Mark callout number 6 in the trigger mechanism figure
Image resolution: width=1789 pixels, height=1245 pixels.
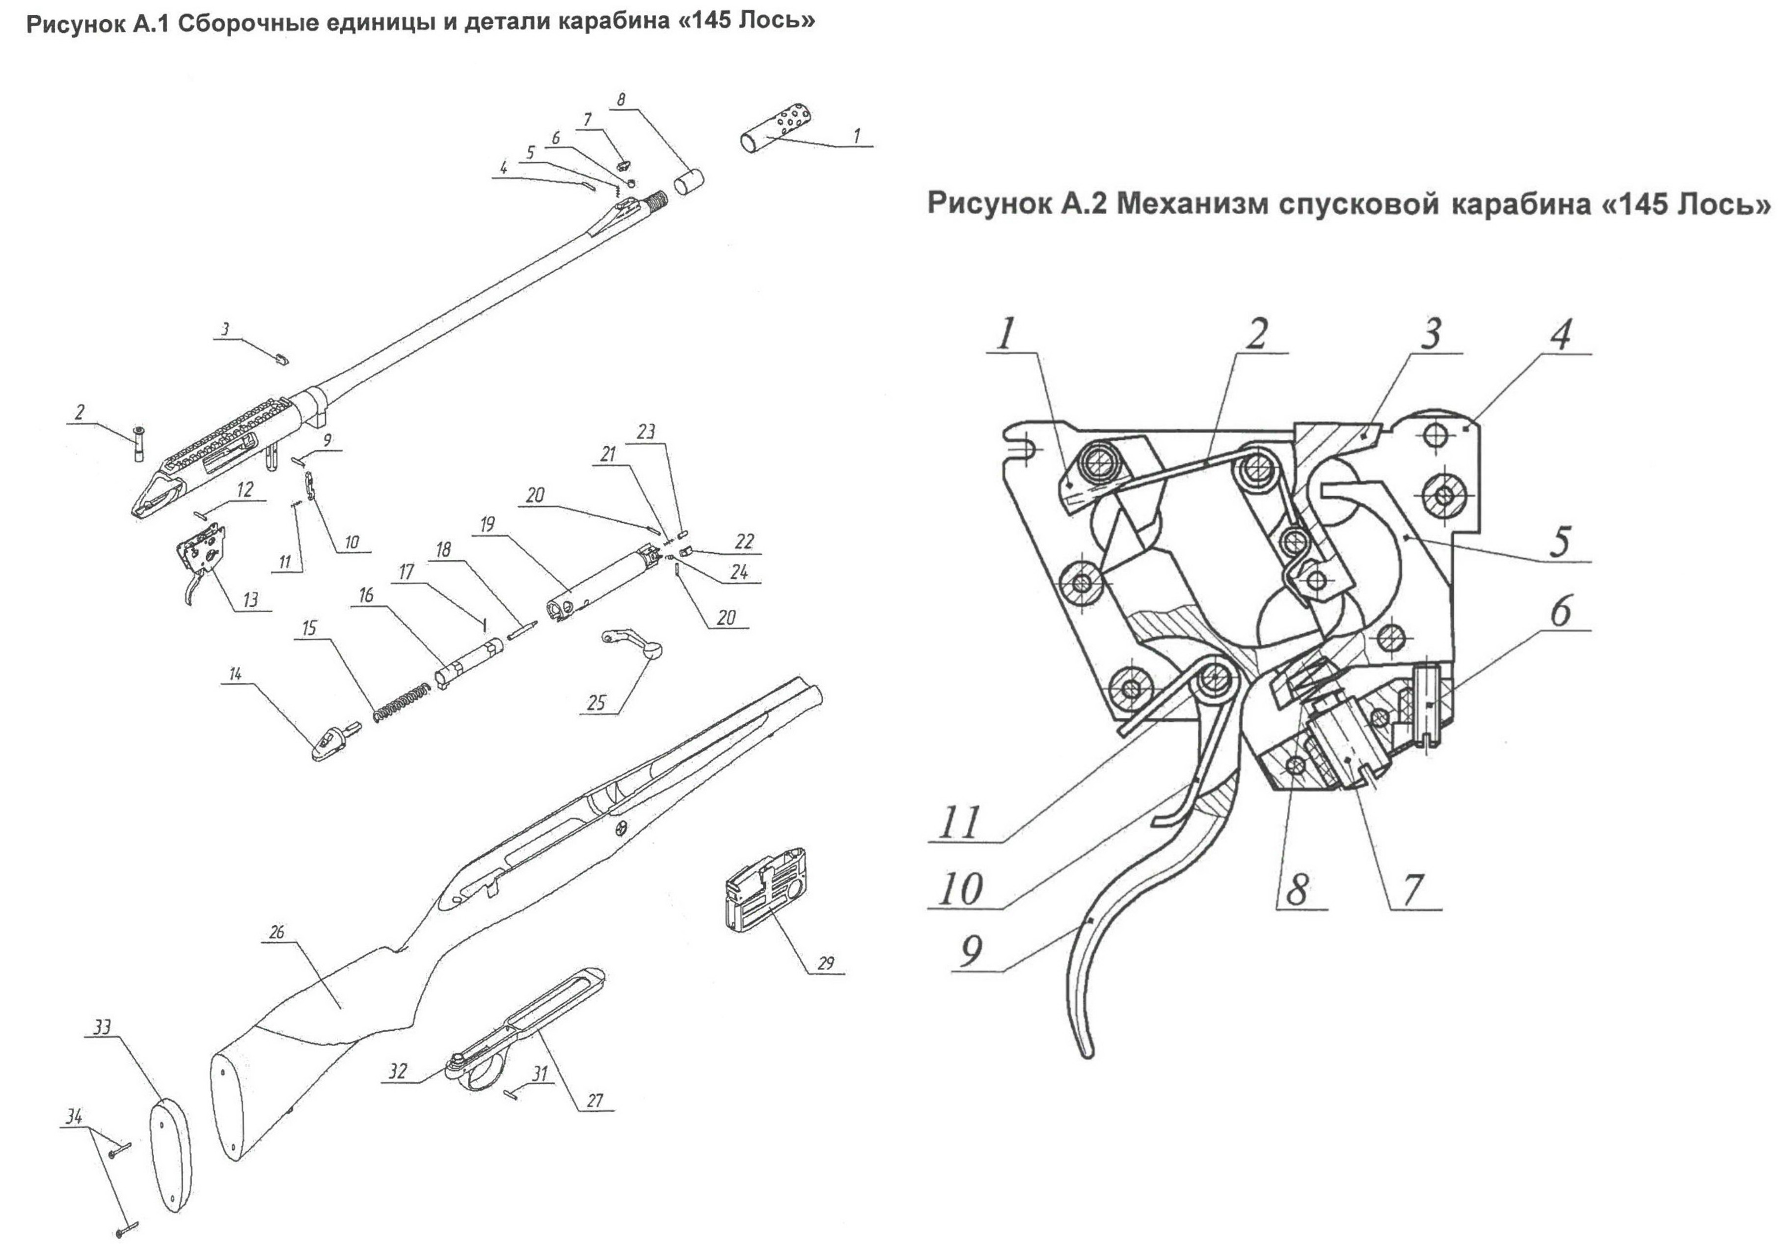(1560, 610)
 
